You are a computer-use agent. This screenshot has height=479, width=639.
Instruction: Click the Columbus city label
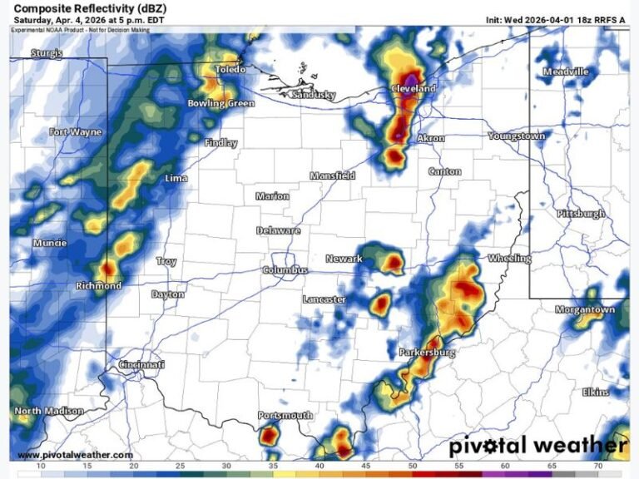pos(285,270)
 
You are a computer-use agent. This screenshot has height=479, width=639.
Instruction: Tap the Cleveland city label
pos(414,88)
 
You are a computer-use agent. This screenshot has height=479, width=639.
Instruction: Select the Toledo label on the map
pos(230,70)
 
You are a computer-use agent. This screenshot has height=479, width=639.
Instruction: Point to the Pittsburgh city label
pos(581,214)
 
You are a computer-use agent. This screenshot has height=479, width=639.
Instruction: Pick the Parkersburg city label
pos(427,353)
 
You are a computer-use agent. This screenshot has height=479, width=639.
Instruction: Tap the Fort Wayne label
pos(75,132)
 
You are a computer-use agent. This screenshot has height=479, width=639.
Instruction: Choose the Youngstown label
pos(517,136)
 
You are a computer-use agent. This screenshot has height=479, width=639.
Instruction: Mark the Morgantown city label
pos(586,309)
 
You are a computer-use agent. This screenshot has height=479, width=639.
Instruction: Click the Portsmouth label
pos(285,415)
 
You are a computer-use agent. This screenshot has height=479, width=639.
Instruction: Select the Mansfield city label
pos(333,175)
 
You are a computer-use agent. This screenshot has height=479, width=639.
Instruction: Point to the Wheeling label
pos(509,259)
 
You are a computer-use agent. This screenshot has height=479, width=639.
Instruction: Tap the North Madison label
pos(49,411)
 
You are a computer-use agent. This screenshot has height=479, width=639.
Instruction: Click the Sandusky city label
pos(314,95)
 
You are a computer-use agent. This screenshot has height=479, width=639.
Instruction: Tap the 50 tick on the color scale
pos(413,467)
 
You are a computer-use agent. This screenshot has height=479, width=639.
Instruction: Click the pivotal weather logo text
pos(537,446)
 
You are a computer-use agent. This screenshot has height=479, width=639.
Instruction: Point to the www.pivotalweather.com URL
pos(75,455)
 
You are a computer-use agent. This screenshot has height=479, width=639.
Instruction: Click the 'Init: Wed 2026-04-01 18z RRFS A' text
pos(555,19)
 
